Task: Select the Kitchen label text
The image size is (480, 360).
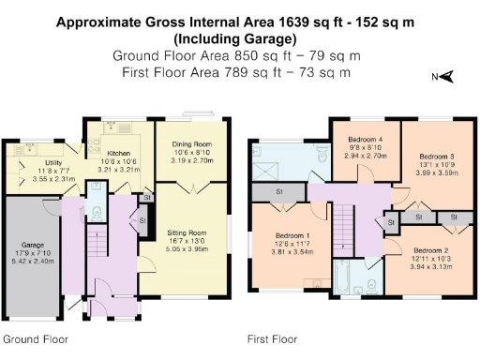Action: click(x=117, y=152)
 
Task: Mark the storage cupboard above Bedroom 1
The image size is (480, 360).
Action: click(x=279, y=192)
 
